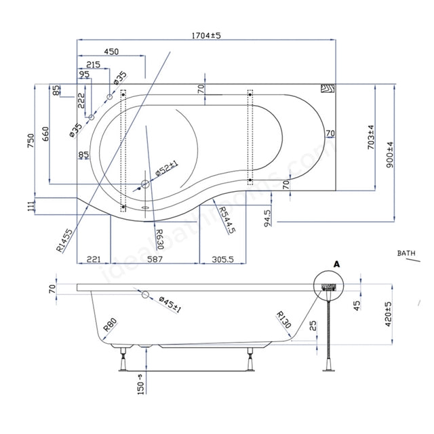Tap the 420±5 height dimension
tap(387, 314)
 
